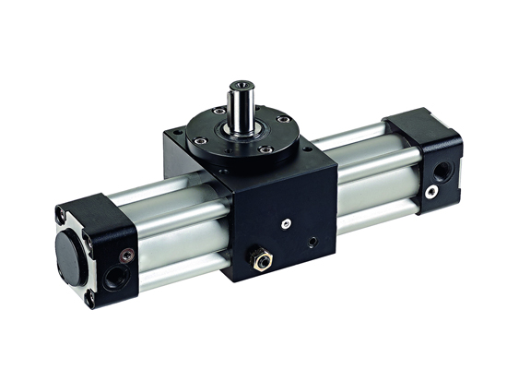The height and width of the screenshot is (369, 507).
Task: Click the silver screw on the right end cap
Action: coord(430,191)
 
